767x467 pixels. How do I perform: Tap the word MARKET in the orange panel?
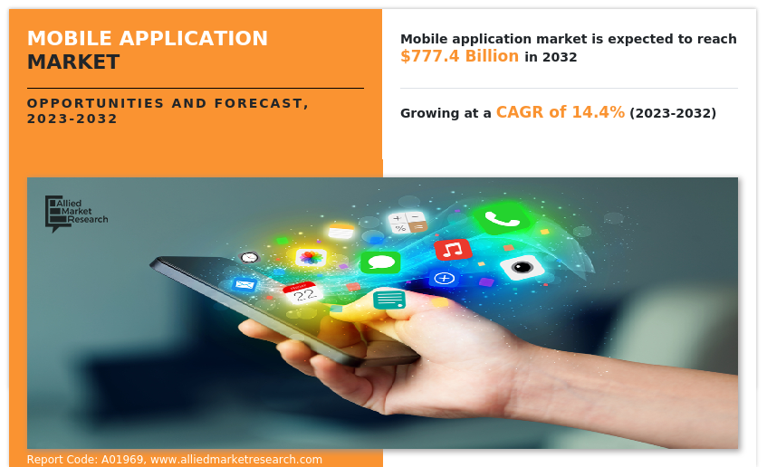pos(73,62)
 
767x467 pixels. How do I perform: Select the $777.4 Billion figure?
pos(459,56)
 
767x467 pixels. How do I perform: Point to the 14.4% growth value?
pos(598,112)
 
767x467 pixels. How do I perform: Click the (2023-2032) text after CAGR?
pos(673,113)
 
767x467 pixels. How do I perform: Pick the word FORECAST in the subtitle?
pos(261,104)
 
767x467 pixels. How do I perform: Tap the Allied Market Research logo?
pos(76,214)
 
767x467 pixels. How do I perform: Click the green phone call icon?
pos(502,219)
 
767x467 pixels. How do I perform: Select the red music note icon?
pos(453,249)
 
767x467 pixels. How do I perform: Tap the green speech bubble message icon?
pos(380,262)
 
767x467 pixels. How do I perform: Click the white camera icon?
pos(522,267)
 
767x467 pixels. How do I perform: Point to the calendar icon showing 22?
pos(302,292)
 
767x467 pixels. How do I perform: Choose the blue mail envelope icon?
pos(244,284)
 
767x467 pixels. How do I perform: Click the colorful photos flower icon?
pos(311,257)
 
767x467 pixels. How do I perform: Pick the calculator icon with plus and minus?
pos(407,223)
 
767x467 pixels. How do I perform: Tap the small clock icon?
pos(249,257)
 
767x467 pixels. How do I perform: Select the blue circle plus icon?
pos(444,278)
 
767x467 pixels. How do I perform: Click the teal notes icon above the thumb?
pos(389,300)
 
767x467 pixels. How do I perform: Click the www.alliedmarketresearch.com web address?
pos(236,460)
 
